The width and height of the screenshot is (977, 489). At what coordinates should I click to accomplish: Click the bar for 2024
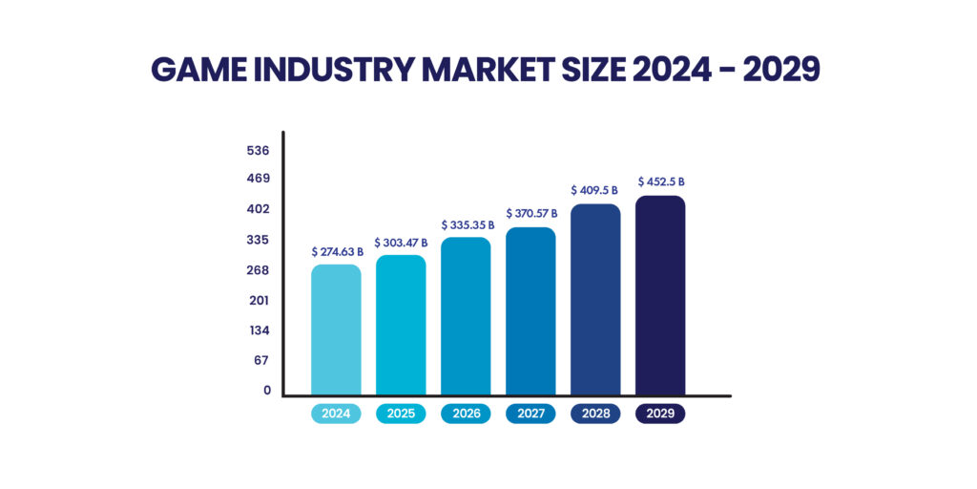click(336, 330)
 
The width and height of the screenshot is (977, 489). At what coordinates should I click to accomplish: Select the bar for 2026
click(466, 316)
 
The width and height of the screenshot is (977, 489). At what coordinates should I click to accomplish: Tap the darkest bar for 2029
click(660, 295)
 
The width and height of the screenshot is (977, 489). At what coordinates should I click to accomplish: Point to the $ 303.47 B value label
click(401, 244)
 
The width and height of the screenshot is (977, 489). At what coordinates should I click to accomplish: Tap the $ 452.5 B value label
click(661, 181)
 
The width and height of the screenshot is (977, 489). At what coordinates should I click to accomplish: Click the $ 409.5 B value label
click(595, 191)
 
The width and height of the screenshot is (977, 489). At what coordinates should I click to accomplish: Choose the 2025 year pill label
click(401, 415)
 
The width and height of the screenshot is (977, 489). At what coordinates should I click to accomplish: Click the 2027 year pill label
click(530, 415)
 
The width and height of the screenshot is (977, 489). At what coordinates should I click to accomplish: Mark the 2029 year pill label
click(660, 415)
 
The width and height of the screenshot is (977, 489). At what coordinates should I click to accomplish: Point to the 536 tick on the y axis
click(258, 151)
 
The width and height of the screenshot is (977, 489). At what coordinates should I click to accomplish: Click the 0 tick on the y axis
click(267, 390)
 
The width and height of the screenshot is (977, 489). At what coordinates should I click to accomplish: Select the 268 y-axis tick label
click(258, 270)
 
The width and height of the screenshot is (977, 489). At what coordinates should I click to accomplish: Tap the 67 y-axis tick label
click(261, 360)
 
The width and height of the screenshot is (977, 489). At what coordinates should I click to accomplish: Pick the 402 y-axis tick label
click(258, 209)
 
